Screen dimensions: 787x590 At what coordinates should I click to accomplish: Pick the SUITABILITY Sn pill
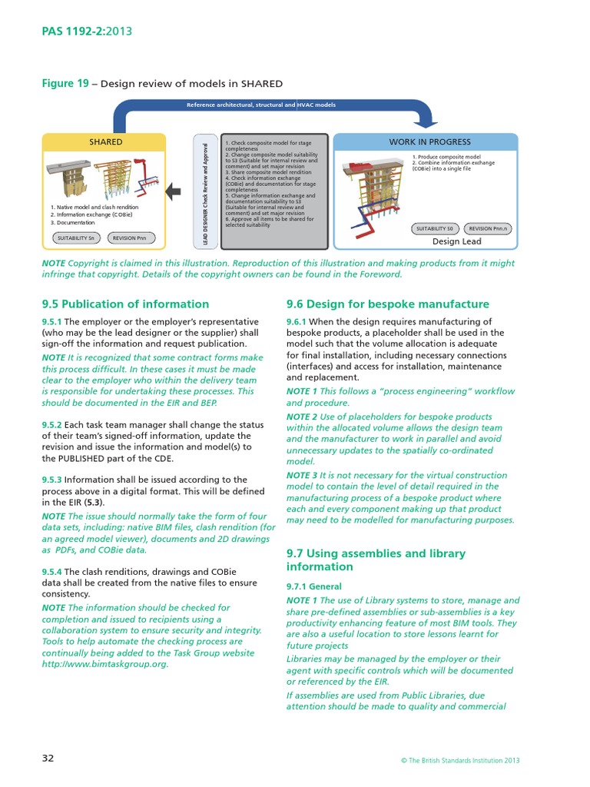(x=76, y=238)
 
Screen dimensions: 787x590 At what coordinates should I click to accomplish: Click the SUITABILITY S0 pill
(x=435, y=229)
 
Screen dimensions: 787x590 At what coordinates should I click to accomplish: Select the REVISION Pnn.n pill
(x=489, y=229)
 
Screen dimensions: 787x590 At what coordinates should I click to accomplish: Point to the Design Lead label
(x=456, y=241)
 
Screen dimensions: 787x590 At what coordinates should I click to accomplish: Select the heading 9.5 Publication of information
(x=125, y=304)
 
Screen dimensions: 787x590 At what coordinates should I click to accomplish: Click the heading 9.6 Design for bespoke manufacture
(x=387, y=304)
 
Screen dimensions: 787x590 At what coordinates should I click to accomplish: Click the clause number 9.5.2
(x=52, y=424)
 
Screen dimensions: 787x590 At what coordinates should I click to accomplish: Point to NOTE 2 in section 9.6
(x=301, y=417)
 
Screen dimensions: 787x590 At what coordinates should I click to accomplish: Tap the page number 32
(x=48, y=759)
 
